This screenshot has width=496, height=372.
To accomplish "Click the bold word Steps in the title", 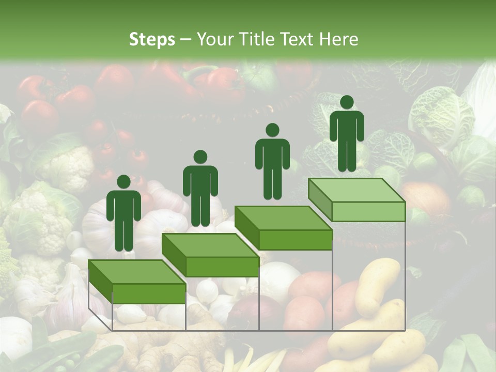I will (x=152, y=39).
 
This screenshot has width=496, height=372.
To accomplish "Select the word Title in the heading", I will (x=258, y=39).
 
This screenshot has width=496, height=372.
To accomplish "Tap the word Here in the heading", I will (x=339, y=39).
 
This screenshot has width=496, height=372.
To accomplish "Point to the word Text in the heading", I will (x=298, y=39).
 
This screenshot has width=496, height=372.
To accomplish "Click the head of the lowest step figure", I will (x=123, y=182).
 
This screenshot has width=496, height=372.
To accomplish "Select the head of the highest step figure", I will (x=347, y=102).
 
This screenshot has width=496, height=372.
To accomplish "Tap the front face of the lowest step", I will (x=149, y=293).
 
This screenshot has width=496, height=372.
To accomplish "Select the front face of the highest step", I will (x=368, y=211).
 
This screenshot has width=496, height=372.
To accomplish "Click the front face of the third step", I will (x=295, y=240).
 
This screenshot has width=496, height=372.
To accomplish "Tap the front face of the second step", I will (x=222, y=267).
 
